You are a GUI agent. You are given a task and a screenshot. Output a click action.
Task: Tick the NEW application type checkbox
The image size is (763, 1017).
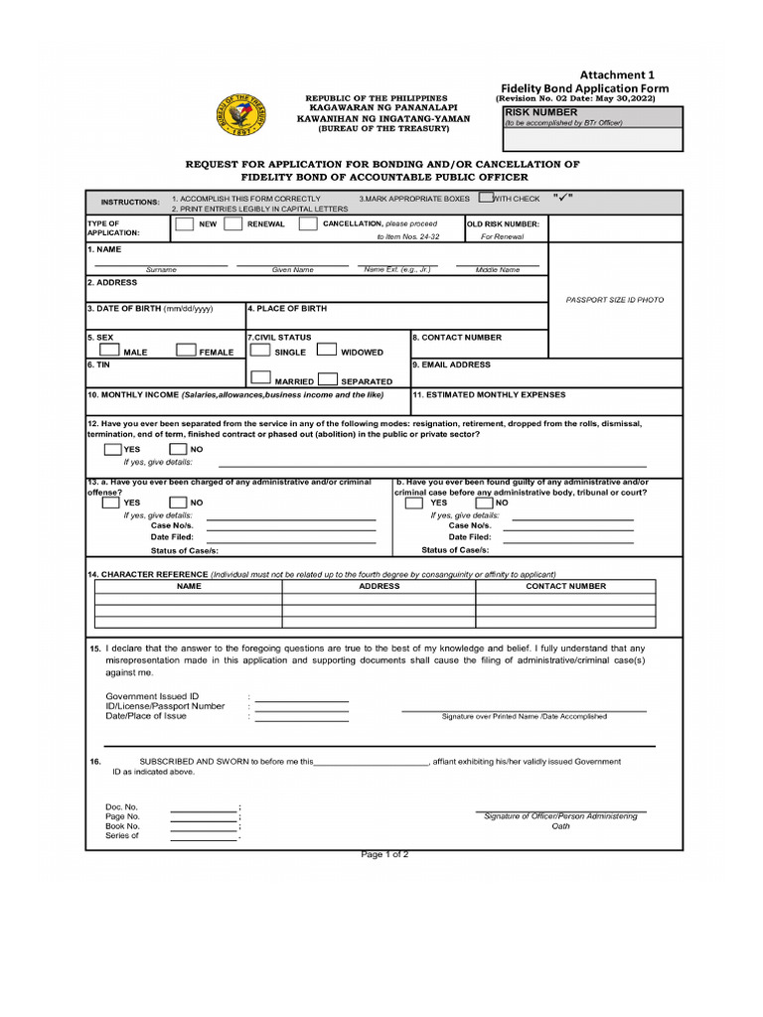(x=184, y=223)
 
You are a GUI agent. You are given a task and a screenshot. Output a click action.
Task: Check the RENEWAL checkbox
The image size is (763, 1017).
(x=233, y=223)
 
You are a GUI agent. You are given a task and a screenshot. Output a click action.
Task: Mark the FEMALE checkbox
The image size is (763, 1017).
(x=186, y=350)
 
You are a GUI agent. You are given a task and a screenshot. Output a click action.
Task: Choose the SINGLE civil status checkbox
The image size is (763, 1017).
(x=259, y=350)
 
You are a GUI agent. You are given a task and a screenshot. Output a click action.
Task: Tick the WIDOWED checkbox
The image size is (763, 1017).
(x=326, y=350)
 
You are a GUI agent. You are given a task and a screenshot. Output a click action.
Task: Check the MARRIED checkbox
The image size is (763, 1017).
(x=260, y=378)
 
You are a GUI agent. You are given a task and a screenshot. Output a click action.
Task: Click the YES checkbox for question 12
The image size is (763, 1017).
(x=112, y=449)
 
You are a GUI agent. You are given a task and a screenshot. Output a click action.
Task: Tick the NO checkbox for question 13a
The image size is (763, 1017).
(x=179, y=503)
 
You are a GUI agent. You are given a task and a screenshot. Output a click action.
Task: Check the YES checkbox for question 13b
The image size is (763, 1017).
(x=414, y=503)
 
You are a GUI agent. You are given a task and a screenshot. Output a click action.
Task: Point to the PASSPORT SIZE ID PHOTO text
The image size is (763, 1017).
(x=614, y=299)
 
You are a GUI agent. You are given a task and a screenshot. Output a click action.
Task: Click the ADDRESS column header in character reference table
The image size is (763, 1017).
(x=379, y=586)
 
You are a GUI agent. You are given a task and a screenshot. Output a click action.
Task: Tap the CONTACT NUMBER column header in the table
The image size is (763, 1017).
(x=565, y=586)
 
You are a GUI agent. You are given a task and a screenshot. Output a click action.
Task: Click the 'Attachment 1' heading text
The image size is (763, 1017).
(x=618, y=74)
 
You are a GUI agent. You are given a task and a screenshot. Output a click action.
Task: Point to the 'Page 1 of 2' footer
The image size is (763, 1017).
(x=384, y=854)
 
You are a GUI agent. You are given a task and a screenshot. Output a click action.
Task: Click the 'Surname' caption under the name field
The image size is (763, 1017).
(x=161, y=270)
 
